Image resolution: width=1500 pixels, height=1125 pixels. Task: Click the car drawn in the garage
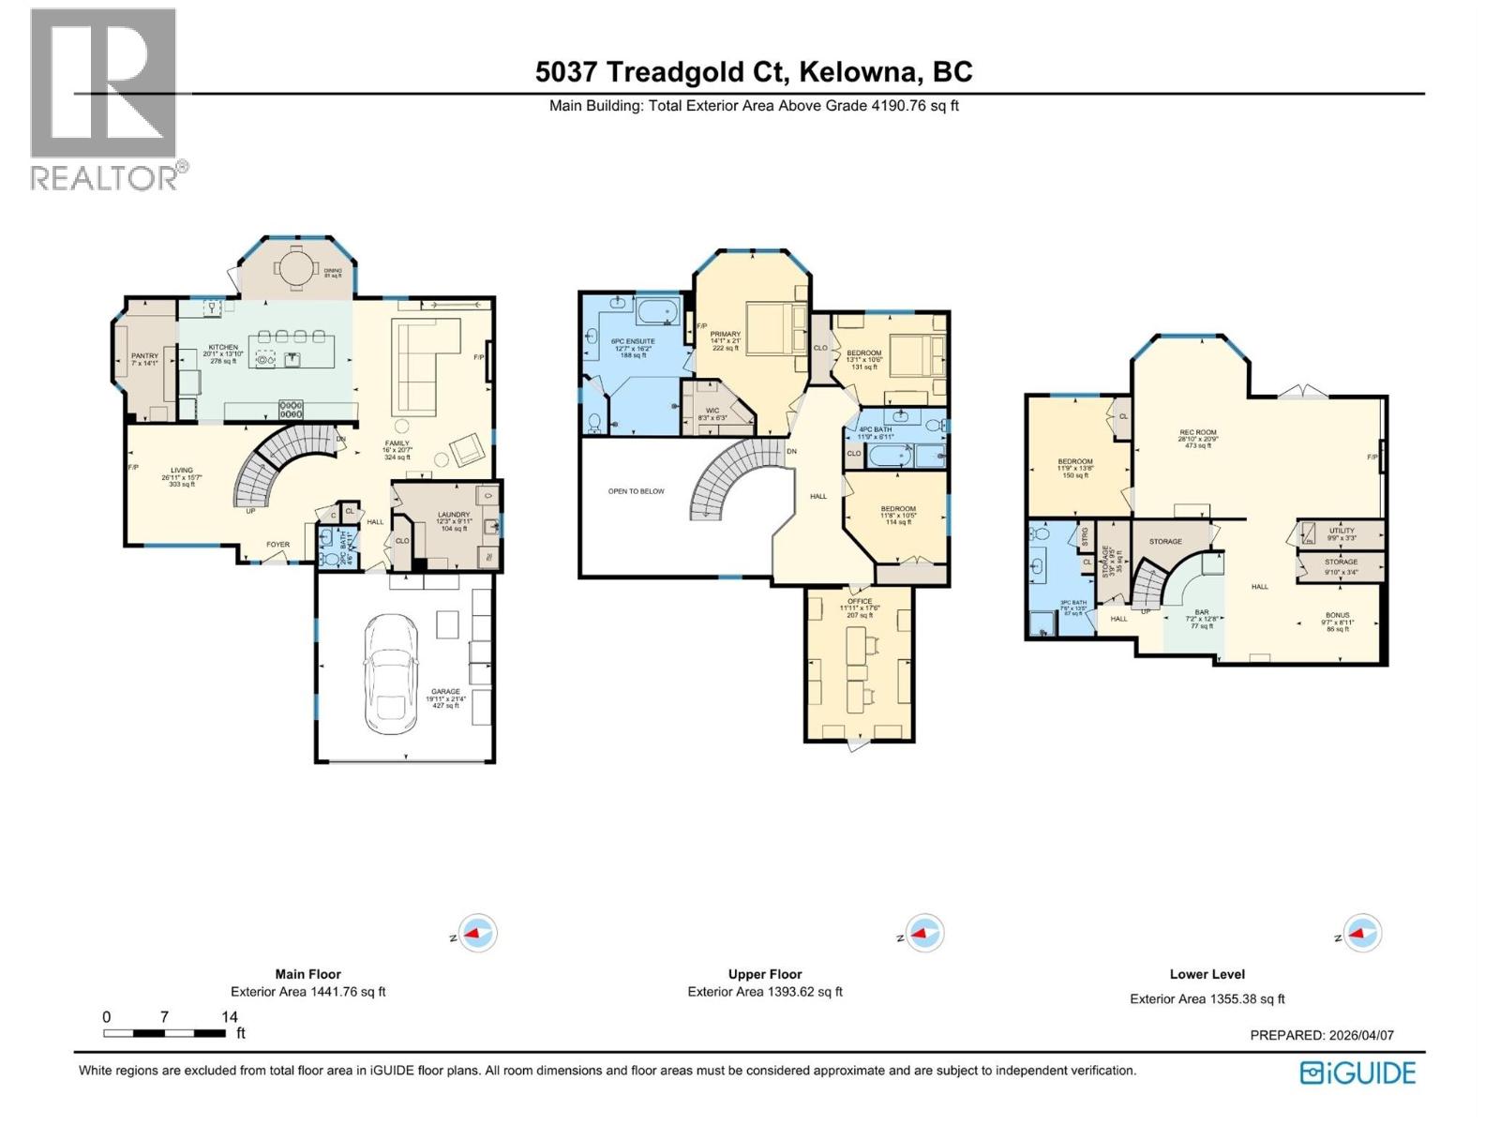pos(390,674)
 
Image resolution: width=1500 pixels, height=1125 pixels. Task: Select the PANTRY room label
pos(144,355)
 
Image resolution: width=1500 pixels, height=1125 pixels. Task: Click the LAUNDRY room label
pos(454,515)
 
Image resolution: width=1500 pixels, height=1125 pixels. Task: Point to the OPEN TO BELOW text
pos(636,491)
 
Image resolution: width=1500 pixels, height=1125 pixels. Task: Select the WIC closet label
pos(712,411)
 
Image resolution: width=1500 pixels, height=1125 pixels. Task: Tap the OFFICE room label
pos(859,601)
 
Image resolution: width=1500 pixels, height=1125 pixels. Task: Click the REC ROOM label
pos(1197,433)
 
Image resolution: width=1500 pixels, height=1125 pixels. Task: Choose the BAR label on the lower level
pos(1201,612)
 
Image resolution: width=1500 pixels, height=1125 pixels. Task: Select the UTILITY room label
pos(1342,531)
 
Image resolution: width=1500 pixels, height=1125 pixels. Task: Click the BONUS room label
pos(1338,615)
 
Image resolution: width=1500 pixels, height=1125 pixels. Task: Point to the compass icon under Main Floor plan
pos(481,934)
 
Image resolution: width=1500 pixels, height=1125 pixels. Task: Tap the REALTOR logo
pos(104,98)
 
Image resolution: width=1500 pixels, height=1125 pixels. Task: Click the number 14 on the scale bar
pos(229,1016)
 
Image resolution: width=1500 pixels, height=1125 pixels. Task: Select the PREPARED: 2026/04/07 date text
pos(1322,1035)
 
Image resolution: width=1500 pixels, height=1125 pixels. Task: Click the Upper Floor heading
pos(765,974)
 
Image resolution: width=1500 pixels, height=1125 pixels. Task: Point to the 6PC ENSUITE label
pos(633,341)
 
